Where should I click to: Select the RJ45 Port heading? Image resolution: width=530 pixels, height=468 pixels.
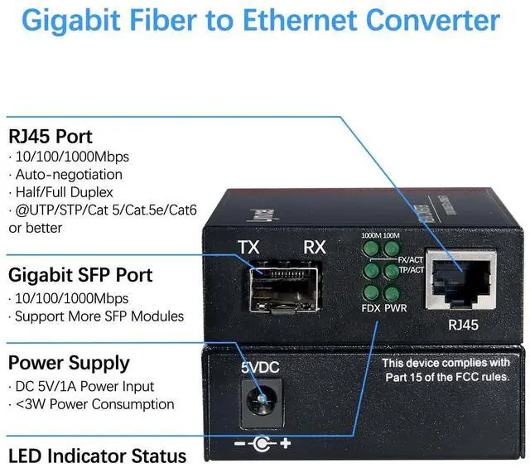pyautogui.click(x=51, y=136)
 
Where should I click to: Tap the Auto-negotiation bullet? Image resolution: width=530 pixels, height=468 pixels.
pyautogui.click(x=67, y=174)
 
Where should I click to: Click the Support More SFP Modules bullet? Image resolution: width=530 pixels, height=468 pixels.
pyautogui.click(x=96, y=316)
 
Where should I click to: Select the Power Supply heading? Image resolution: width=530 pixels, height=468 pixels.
pyautogui.click(x=69, y=363)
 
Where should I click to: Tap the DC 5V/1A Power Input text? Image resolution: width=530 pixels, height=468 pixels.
pyautogui.click(x=84, y=387)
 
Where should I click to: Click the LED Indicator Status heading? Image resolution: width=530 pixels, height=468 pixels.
pyautogui.click(x=97, y=456)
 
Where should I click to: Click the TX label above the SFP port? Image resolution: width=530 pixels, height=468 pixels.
pyautogui.click(x=248, y=247)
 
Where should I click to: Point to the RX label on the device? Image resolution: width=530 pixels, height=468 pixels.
pyautogui.click(x=315, y=247)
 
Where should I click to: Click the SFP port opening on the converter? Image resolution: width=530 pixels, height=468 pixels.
pyautogui.click(x=283, y=284)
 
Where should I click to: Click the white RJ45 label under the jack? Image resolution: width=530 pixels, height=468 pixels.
pyautogui.click(x=463, y=326)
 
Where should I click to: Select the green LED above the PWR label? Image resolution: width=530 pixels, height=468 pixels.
pyautogui.click(x=391, y=292)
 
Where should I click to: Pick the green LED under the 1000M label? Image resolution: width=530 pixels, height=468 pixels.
pyautogui.click(x=369, y=248)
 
